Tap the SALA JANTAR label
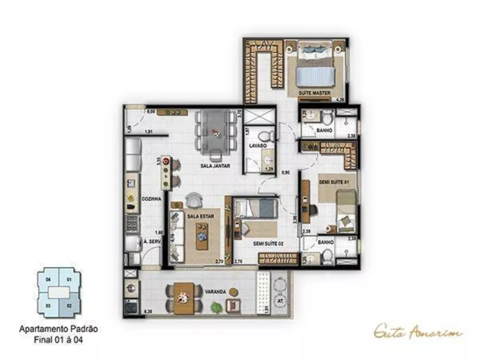[x=215, y=166]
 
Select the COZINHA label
[x=151, y=198]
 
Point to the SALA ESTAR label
[x=201, y=216]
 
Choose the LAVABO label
[x=257, y=145]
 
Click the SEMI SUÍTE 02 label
[x=268, y=244]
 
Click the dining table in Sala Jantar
[x=216, y=131]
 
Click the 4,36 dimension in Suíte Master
[x=340, y=100]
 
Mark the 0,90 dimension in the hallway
[x=286, y=172]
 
